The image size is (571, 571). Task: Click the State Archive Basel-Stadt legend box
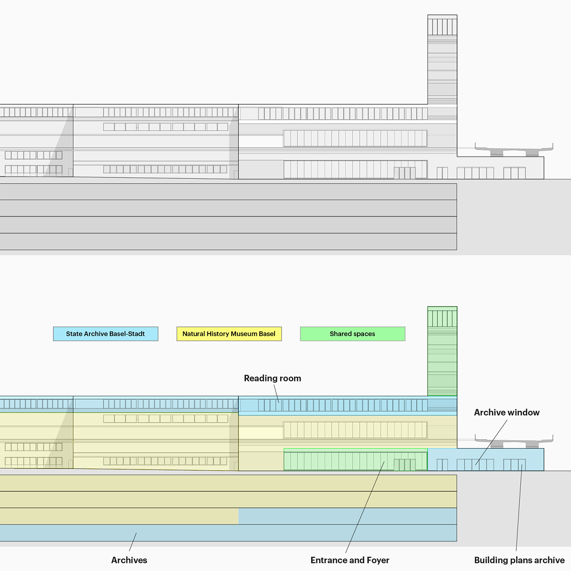coord(106,334)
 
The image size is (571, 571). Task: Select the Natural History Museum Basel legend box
coord(229,334)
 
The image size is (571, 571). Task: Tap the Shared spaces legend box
coord(353,334)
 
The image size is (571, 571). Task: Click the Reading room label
coord(272,378)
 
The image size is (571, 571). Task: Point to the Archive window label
coord(507,412)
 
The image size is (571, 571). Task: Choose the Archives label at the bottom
coord(129,560)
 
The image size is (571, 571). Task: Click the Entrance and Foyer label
coord(350,560)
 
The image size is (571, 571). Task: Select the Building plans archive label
coord(519,560)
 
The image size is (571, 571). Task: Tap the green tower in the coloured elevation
coord(442,351)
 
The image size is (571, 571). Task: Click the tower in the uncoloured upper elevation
coord(442,59)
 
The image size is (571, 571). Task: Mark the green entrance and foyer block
coord(355,459)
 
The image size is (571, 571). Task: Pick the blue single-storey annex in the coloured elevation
coord(486,459)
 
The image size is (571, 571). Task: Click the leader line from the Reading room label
coord(276,394)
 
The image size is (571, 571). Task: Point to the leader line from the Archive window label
coord(491,442)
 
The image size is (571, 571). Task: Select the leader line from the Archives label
coord(133,542)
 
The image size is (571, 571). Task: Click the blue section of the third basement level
coord(347,516)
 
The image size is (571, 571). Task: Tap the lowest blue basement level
coord(228,533)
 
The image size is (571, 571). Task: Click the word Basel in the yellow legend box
coord(266,334)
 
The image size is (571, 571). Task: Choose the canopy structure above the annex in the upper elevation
coord(514,149)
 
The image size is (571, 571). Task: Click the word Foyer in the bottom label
coord(378,560)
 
